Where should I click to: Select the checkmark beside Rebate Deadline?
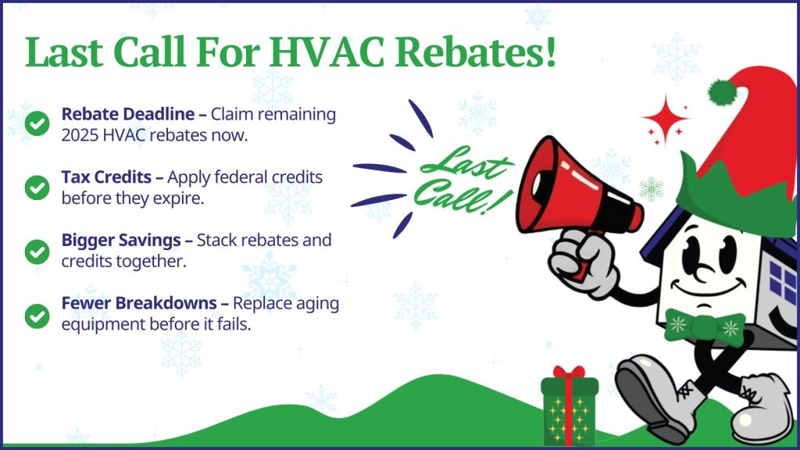pyautogui.click(x=36, y=123)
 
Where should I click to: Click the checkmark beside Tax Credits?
pyautogui.click(x=36, y=187)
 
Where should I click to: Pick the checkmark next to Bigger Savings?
pyautogui.click(x=36, y=251)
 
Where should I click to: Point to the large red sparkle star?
pyautogui.click(x=665, y=119)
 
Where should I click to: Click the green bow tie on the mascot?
pyautogui.click(x=704, y=326)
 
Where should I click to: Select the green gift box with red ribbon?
pyautogui.click(x=570, y=406)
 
